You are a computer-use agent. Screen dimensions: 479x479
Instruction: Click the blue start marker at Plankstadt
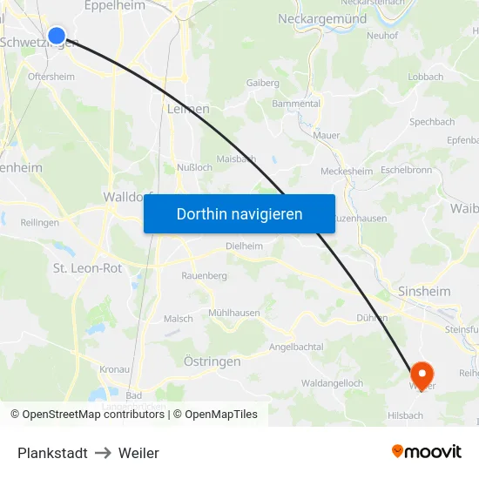click(x=57, y=35)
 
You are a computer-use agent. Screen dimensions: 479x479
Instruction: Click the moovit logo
click(x=427, y=451)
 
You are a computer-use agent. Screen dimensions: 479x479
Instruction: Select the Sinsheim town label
click(x=423, y=291)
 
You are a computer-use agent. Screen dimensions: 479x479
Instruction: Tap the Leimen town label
click(x=187, y=109)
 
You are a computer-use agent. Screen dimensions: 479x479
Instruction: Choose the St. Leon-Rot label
click(x=87, y=268)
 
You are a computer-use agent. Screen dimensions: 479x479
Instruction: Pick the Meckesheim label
click(x=347, y=171)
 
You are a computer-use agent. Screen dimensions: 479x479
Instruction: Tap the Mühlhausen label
click(x=233, y=313)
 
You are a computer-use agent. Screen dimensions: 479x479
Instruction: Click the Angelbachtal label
click(x=296, y=347)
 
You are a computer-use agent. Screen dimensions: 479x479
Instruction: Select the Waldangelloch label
click(x=332, y=383)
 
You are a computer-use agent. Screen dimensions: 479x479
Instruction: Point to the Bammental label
click(x=296, y=103)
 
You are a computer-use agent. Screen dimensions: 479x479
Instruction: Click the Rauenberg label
click(x=204, y=275)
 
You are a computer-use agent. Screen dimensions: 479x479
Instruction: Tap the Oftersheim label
click(x=51, y=77)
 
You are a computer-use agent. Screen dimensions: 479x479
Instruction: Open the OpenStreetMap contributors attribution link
click(x=92, y=415)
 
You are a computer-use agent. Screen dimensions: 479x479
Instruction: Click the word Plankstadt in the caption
click(x=52, y=453)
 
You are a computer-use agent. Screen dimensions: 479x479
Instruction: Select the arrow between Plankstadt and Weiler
click(x=103, y=453)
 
